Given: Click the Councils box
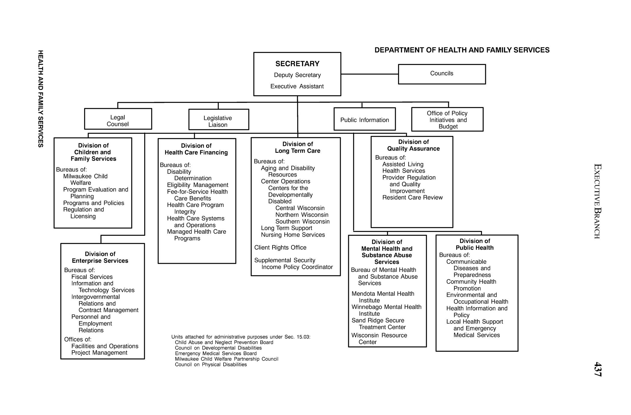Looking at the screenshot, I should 441,74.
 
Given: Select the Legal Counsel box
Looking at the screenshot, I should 118,119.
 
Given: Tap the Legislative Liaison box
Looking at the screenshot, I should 218,120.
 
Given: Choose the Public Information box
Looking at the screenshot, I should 364,119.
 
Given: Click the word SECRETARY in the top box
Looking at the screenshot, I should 297,64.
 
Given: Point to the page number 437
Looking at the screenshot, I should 597,369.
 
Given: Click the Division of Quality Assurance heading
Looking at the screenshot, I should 413,145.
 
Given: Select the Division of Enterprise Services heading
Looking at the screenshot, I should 100,257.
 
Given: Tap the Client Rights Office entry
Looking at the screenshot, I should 280,247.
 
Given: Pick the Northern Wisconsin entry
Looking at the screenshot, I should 302,215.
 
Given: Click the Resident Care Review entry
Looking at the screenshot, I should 412,198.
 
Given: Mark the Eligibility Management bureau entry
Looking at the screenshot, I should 197,185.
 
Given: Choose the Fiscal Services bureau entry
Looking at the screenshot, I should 92,277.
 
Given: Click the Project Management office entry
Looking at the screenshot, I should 99,353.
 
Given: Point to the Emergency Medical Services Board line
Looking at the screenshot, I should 216,353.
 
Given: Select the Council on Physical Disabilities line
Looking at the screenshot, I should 211,364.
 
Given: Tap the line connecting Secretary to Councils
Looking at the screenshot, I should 370,74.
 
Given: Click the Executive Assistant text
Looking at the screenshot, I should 297,86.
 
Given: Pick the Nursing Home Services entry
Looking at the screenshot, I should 293,235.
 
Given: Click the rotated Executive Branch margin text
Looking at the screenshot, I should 597,201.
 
